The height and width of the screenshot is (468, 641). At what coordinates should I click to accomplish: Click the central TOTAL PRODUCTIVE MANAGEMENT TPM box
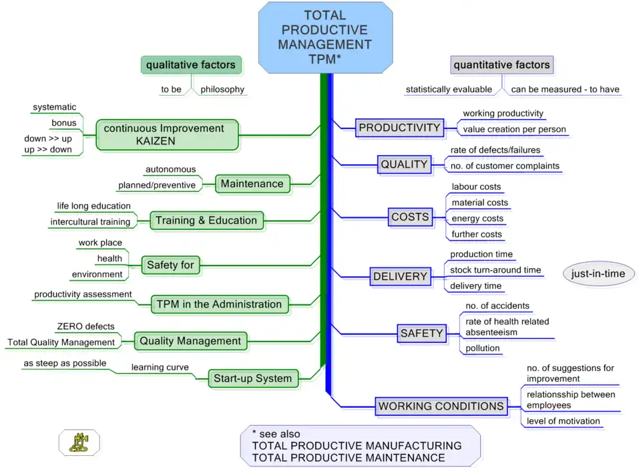click(x=325, y=37)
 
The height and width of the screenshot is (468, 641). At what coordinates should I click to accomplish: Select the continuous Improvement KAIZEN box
click(x=167, y=134)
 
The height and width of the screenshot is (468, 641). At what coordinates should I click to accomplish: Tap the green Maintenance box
click(x=252, y=184)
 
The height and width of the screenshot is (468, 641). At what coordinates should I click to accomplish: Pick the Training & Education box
click(x=206, y=221)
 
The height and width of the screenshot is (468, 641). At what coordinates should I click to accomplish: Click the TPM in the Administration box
click(x=219, y=304)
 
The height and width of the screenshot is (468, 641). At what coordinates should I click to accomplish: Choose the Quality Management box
click(x=190, y=341)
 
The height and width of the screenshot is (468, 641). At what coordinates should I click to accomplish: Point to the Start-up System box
click(x=252, y=378)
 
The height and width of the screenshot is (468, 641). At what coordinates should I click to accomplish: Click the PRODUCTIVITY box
click(x=399, y=128)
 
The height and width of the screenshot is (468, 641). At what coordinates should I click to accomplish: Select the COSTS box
click(x=410, y=217)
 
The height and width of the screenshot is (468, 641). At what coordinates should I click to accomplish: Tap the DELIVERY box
click(x=400, y=276)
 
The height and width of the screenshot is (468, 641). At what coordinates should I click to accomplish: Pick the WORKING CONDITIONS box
click(x=441, y=406)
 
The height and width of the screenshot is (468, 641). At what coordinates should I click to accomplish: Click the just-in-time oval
click(x=598, y=273)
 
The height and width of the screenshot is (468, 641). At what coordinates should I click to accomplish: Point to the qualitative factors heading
click(x=191, y=65)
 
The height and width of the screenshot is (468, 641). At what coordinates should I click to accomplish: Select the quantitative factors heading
click(x=501, y=65)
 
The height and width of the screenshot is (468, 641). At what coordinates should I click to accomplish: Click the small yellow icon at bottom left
click(x=79, y=443)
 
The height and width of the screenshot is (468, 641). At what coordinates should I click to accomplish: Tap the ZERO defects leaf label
click(x=85, y=327)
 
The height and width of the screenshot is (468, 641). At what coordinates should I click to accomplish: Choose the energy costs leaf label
click(x=477, y=219)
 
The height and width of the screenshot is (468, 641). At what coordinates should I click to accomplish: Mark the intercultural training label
click(x=91, y=222)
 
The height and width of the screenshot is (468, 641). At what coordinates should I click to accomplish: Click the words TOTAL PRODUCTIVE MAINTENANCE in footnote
click(x=349, y=458)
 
